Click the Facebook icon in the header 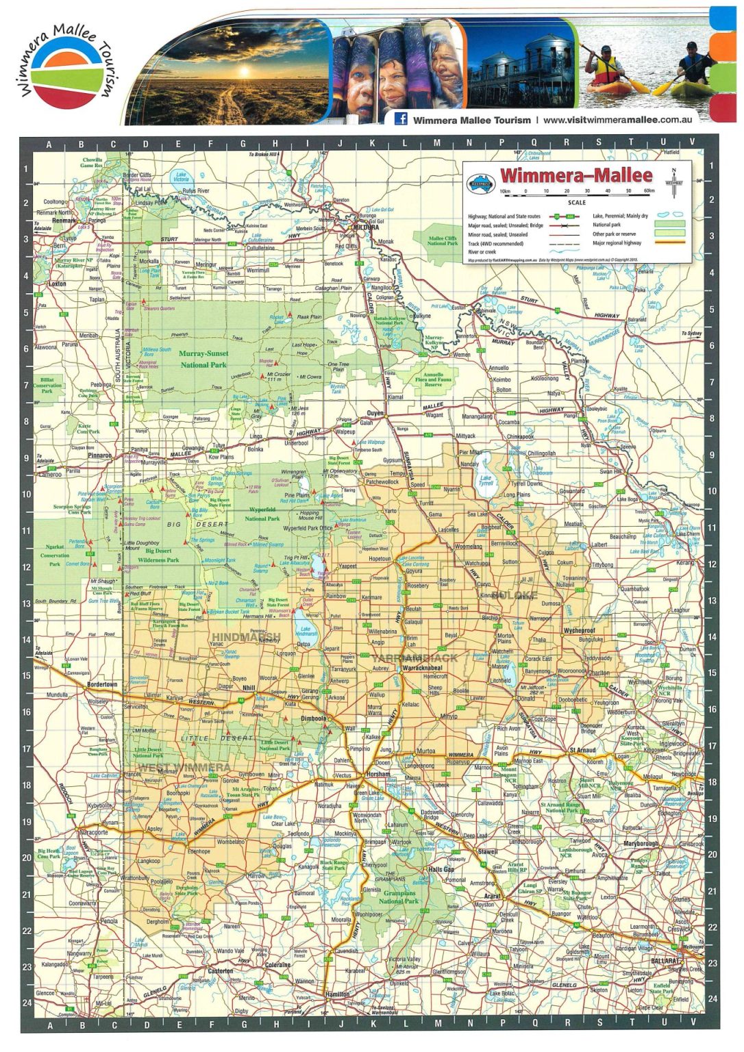point(401,119)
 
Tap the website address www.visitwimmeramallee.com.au point(617,120)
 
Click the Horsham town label point(378,774)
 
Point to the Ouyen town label point(375,414)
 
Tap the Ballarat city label point(665,961)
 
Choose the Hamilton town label point(337,994)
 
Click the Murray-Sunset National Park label point(203,360)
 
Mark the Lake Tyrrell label point(486,480)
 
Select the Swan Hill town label point(610,472)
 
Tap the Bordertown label point(102,684)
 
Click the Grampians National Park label point(399,897)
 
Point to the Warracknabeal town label point(422,667)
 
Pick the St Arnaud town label point(582,750)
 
